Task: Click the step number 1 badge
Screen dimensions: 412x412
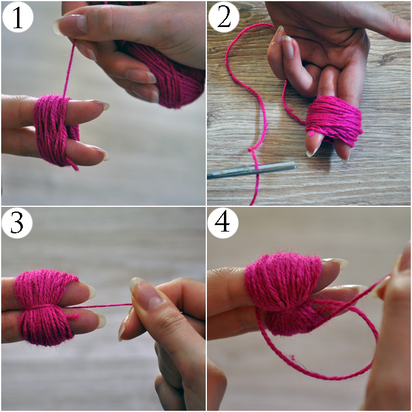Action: [x=18, y=17]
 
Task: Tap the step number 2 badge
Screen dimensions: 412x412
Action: [x=223, y=17]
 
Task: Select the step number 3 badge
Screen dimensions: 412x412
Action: [x=17, y=223]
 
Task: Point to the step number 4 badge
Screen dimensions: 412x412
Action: [x=223, y=223]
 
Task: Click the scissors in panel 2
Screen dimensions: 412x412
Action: [x=252, y=170]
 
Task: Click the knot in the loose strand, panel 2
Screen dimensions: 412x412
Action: [x=252, y=150]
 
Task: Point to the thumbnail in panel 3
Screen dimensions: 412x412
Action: [x=145, y=293]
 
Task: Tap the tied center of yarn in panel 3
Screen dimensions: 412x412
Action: [x=42, y=307]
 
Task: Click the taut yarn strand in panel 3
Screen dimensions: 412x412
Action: [x=99, y=305]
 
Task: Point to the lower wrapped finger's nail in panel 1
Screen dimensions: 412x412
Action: [x=102, y=154]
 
